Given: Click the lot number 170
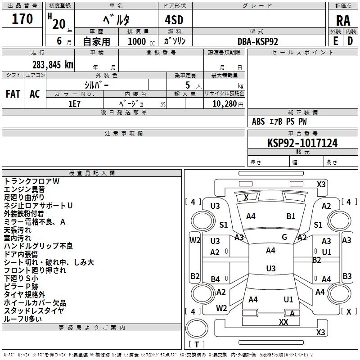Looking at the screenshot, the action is (x=22, y=19).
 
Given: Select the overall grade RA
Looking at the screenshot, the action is (x=343, y=21).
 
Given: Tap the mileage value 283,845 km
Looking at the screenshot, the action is (x=53, y=65).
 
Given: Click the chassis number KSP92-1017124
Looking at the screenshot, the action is (x=302, y=143).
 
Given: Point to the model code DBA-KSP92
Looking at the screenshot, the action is (x=257, y=41).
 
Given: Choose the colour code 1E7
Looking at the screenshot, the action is (x=74, y=104).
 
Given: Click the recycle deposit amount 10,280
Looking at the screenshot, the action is (x=225, y=104).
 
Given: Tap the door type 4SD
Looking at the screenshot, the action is (x=174, y=20).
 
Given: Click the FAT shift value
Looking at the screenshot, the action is (x=13, y=94).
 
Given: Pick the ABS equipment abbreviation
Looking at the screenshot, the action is (x=258, y=121).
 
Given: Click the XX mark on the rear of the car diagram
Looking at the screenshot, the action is (x=283, y=322).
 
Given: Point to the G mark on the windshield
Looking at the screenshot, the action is (x=284, y=237).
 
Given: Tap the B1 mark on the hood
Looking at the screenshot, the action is (x=291, y=216).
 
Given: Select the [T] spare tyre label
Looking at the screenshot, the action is (x=197, y=344).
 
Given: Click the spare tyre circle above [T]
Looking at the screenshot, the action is (x=197, y=328).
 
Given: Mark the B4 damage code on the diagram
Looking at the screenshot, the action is (x=216, y=279).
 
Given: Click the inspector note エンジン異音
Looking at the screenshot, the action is (x=24, y=189).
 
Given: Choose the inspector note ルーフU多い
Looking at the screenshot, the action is (x=23, y=319).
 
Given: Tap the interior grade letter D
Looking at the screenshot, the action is (x=350, y=41).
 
